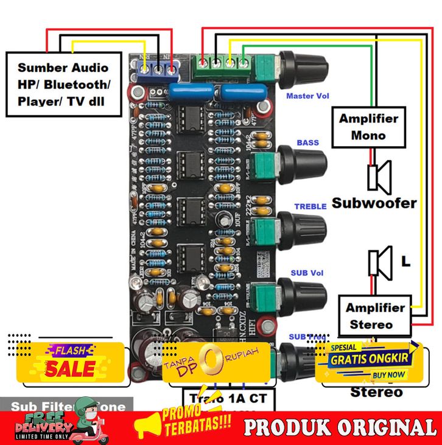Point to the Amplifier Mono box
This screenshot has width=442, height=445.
[x=368, y=127]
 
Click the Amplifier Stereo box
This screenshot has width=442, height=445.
[x=374, y=316]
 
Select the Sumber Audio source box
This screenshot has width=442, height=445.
[x=63, y=84]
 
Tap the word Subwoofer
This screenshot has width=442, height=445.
[x=374, y=203]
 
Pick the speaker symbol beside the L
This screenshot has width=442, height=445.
[x=380, y=263]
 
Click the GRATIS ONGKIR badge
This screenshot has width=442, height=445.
[x=371, y=359]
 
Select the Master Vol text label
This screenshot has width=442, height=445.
[x=307, y=96]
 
